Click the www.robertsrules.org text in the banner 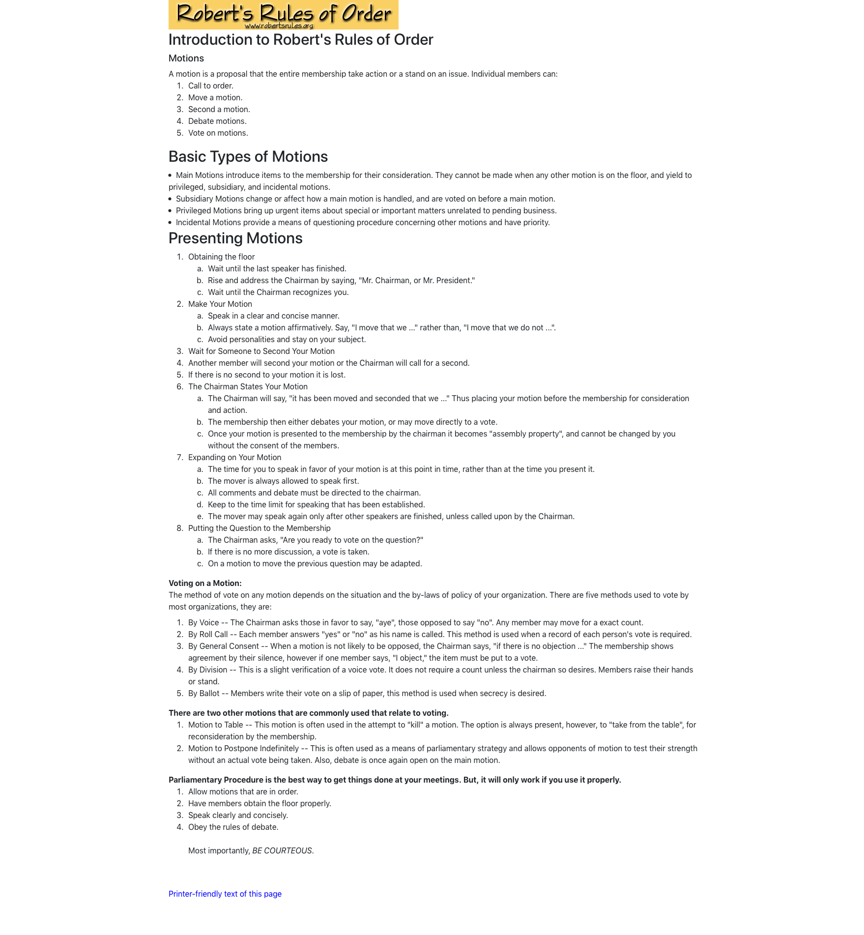[279, 26]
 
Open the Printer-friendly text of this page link [225, 894]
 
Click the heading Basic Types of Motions [248, 156]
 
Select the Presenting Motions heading [235, 238]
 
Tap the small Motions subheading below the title [186, 58]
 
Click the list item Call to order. [210, 86]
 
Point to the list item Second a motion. [219, 109]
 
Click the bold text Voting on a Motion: [205, 583]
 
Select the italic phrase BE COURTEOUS [282, 850]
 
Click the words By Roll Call [208, 634]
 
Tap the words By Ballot [203, 693]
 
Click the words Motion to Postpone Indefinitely [243, 748]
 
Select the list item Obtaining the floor [221, 257]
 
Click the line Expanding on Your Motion [234, 457]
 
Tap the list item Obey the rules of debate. [233, 827]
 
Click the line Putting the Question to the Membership [259, 528]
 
